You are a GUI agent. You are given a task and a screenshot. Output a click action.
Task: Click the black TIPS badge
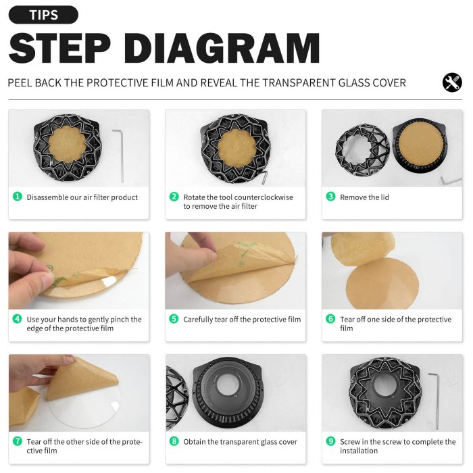(43, 15)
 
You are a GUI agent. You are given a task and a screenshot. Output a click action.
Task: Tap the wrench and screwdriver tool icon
(452, 82)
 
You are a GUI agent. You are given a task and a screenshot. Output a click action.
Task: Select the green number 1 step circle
(18, 197)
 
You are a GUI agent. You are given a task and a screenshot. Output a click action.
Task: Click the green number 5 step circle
(174, 319)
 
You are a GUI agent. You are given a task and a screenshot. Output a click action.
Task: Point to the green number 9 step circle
(331, 441)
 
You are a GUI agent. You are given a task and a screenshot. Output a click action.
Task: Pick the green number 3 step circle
(331, 197)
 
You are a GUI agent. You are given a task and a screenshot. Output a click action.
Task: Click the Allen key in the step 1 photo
(118, 155)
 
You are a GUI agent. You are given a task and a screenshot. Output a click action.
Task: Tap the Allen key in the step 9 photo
(434, 401)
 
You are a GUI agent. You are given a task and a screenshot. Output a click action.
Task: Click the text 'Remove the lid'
(364, 197)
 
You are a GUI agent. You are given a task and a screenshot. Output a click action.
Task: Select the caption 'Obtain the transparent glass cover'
(240, 442)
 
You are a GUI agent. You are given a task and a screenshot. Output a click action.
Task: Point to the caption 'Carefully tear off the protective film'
(242, 320)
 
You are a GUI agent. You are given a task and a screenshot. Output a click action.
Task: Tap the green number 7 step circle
(18, 441)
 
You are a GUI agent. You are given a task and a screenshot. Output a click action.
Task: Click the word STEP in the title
(59, 48)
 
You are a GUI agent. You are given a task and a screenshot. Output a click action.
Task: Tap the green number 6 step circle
(331, 319)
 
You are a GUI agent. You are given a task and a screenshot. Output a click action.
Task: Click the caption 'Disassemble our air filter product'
(82, 197)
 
